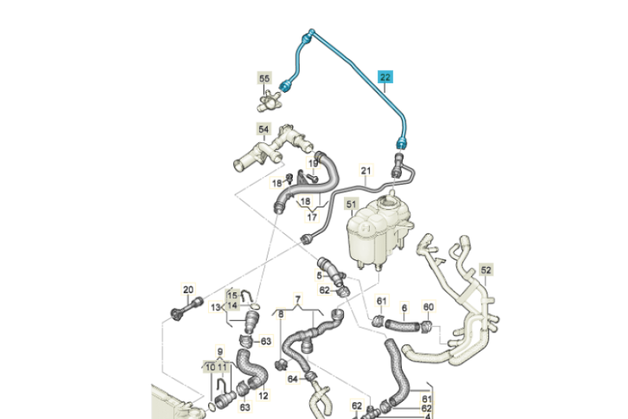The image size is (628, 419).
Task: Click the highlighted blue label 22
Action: (x=386, y=76)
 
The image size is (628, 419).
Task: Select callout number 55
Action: (x=264, y=79)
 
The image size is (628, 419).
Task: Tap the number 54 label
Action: (x=264, y=130)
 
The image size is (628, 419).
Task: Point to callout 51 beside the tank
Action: (x=352, y=206)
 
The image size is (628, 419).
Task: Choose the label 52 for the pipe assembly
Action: (x=486, y=270)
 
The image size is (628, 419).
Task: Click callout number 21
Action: (x=365, y=171)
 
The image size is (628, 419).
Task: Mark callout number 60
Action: (x=428, y=307)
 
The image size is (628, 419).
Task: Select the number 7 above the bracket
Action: (x=298, y=300)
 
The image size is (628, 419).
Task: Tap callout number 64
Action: (x=293, y=380)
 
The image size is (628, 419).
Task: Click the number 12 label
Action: (x=262, y=395)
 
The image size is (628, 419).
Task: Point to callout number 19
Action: (x=313, y=164)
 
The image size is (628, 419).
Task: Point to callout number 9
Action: (x=221, y=351)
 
